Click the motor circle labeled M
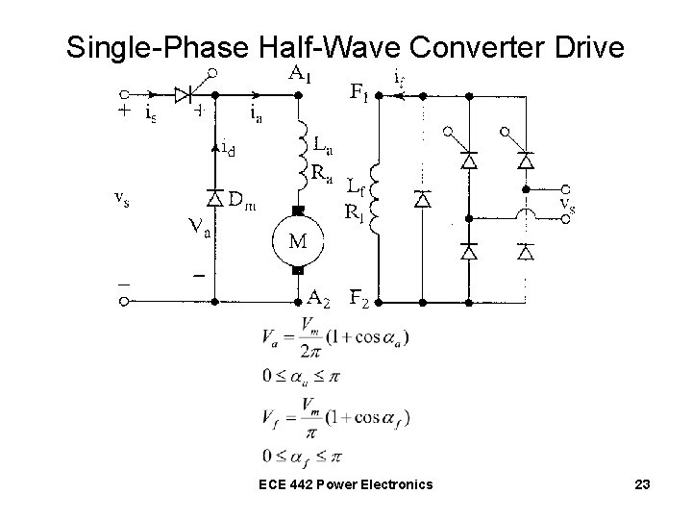pos(298,240)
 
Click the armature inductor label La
pos(325,145)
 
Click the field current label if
pos(401,74)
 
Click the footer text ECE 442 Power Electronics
pos(345,485)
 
